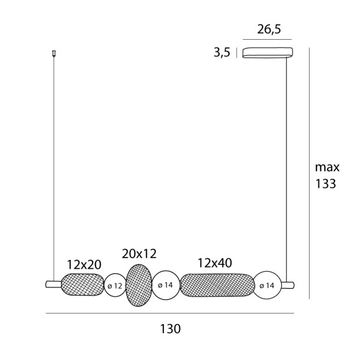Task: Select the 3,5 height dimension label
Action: (x=222, y=53)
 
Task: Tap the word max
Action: (x=327, y=167)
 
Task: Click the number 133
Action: (x=325, y=184)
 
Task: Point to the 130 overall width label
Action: (x=170, y=328)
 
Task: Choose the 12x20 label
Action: (x=84, y=265)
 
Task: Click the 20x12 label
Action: (x=139, y=253)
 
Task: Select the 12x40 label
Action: (x=214, y=263)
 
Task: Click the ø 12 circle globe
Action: (x=115, y=286)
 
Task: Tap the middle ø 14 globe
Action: (x=166, y=285)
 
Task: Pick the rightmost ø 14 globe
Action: (x=268, y=285)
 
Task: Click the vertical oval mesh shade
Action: (x=139, y=285)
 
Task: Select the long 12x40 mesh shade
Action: (x=217, y=285)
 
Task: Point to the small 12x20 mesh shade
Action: (x=83, y=285)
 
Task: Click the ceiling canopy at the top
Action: (x=267, y=52)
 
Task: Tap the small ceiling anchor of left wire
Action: (x=54, y=53)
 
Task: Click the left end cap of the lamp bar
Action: (x=53, y=285)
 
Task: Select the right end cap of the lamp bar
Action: (x=287, y=285)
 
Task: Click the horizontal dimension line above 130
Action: (x=170, y=313)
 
